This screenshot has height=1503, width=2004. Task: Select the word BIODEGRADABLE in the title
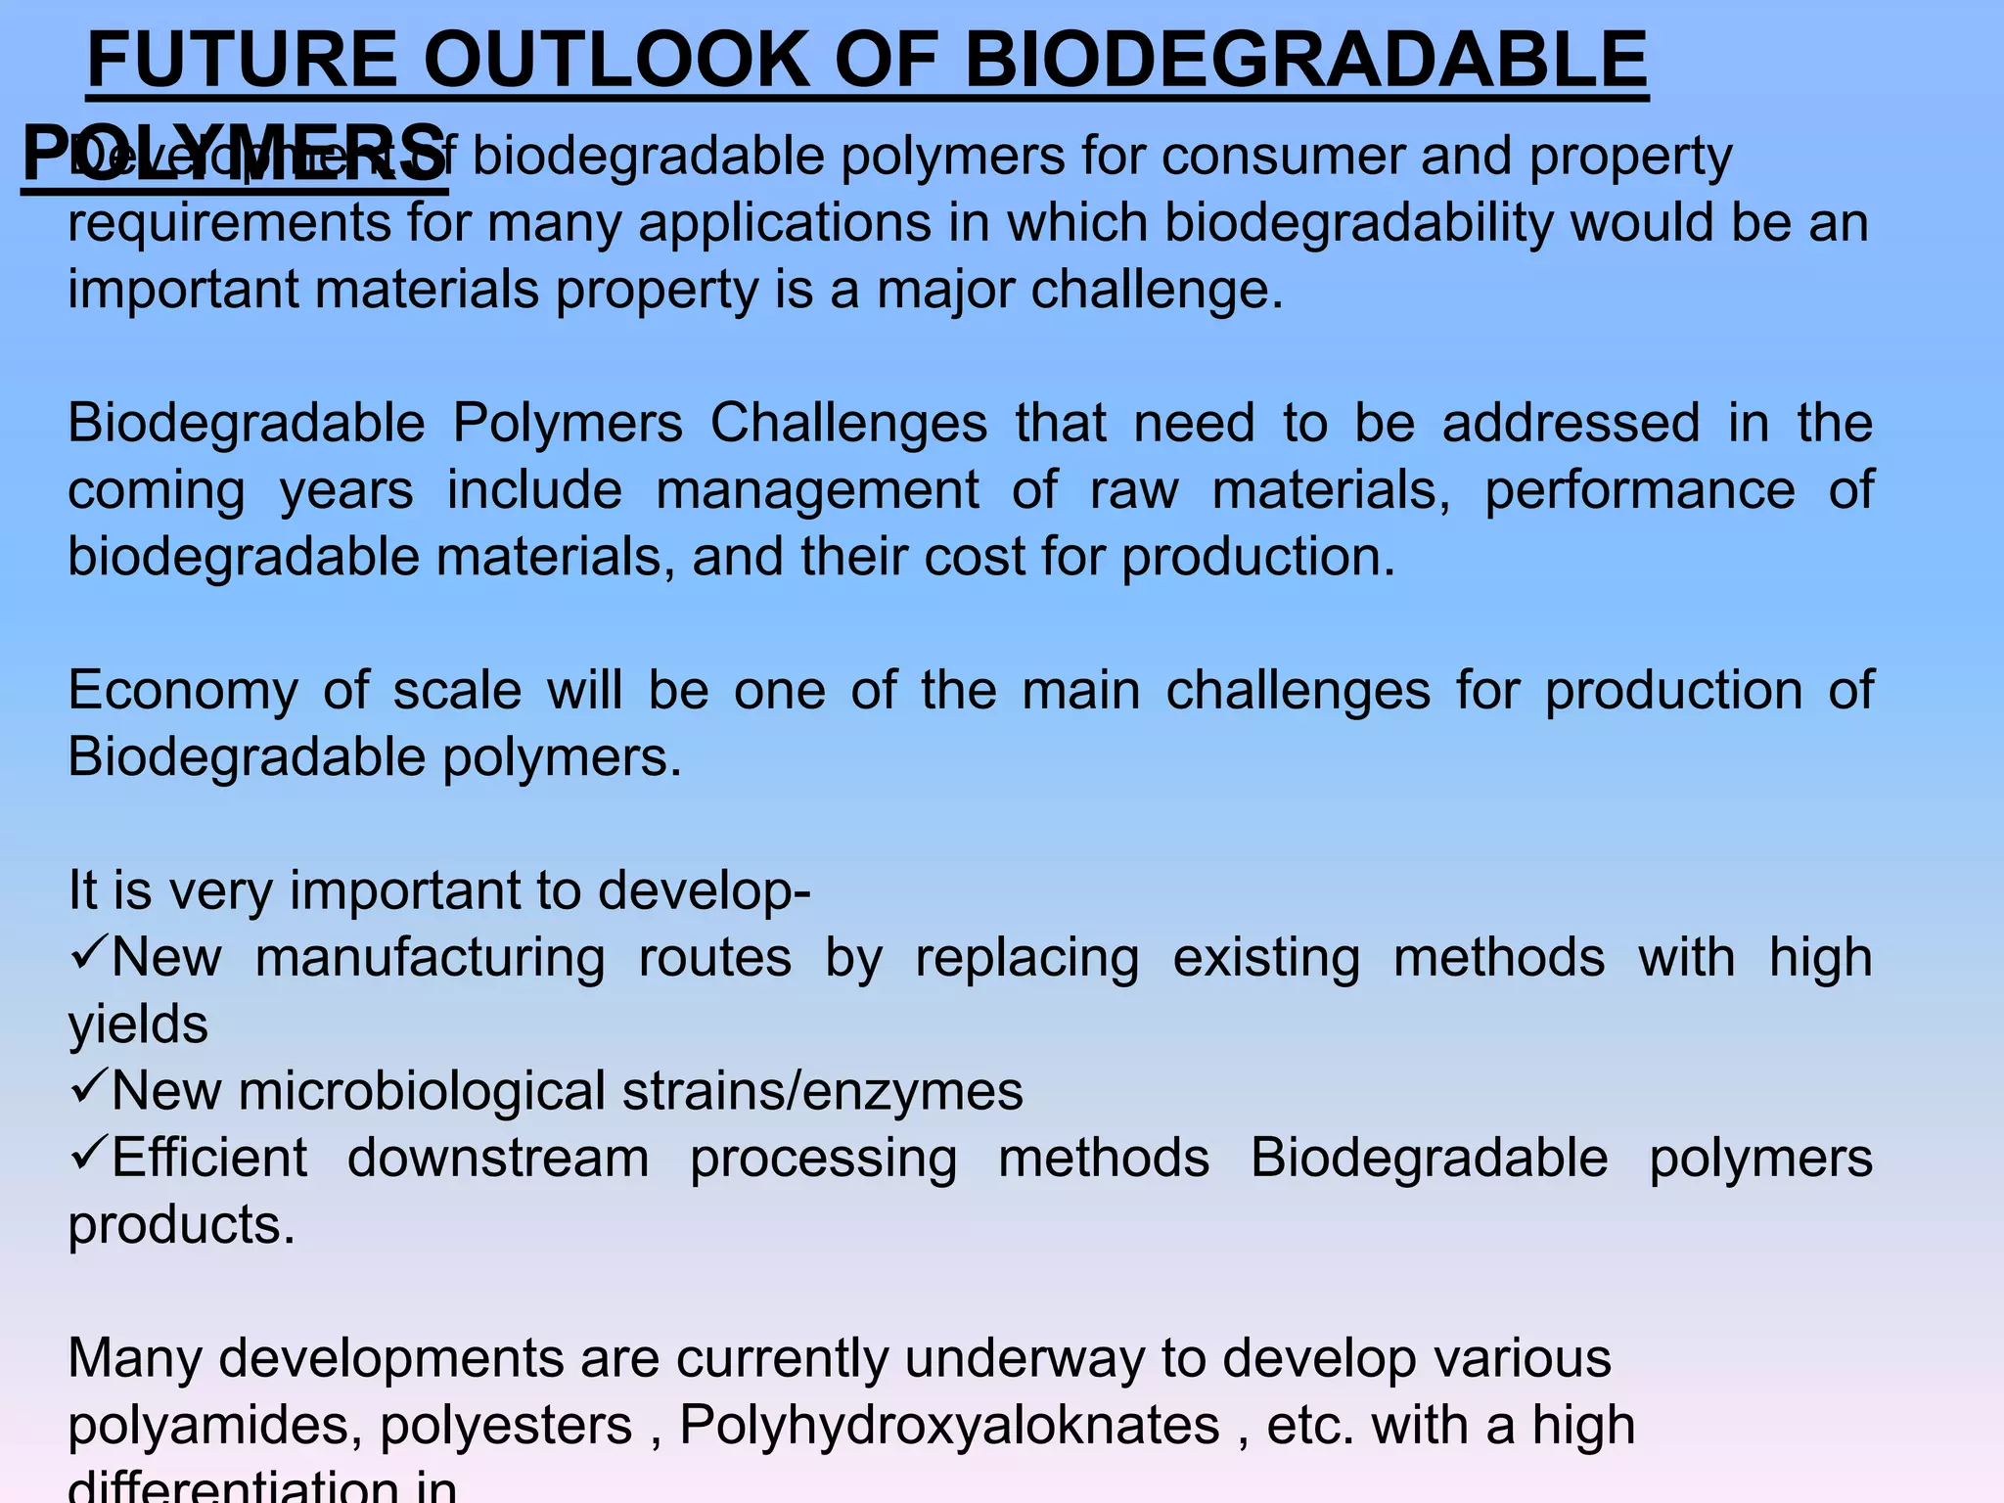point(1306,61)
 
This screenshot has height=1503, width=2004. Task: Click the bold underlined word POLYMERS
point(235,155)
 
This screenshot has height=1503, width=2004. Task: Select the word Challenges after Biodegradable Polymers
point(848,424)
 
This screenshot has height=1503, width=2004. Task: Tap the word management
point(816,490)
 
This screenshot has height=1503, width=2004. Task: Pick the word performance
point(1639,490)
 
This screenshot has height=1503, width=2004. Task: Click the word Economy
point(183,691)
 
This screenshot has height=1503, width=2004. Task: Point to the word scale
point(457,691)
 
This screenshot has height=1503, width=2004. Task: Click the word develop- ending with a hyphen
point(704,892)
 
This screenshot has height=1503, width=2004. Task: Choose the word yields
point(138,1025)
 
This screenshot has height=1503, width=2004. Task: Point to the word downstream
point(498,1159)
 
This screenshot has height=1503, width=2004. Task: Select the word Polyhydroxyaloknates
point(949,1426)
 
